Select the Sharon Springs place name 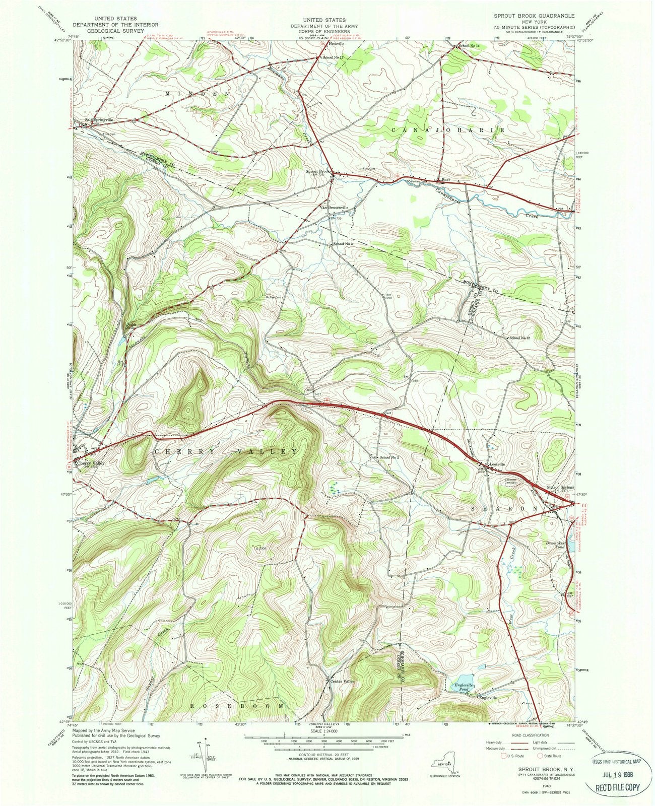560,488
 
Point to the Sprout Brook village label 317,171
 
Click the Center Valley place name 343,681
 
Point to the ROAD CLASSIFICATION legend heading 530,735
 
